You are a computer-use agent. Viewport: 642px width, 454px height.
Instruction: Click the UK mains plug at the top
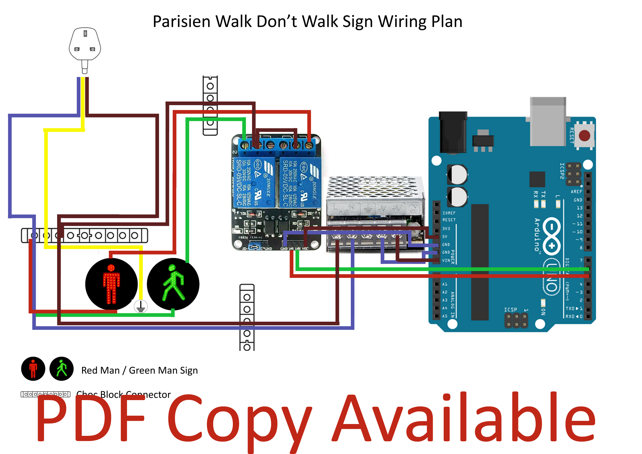point(85,46)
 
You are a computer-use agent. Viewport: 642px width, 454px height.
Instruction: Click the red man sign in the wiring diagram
point(111,284)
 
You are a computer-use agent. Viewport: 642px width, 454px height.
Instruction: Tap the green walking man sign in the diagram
point(173,284)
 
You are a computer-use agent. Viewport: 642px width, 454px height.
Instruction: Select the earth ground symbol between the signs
point(141,307)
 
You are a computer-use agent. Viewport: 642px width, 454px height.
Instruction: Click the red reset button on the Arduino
point(584,135)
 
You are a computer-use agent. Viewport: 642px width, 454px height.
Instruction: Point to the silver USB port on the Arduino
point(547,121)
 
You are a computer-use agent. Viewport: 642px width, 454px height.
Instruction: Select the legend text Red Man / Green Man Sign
point(139,370)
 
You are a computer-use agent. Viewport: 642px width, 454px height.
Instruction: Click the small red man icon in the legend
point(33,369)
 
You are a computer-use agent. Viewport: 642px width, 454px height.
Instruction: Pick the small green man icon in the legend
point(61,369)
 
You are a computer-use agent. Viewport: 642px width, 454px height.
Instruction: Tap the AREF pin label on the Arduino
point(576,191)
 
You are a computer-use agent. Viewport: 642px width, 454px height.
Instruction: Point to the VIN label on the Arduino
point(446,260)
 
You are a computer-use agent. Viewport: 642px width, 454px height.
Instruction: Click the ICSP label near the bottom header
point(510,309)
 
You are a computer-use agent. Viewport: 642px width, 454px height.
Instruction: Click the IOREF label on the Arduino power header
point(449,213)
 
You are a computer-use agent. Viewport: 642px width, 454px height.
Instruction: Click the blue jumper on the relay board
point(254,247)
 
